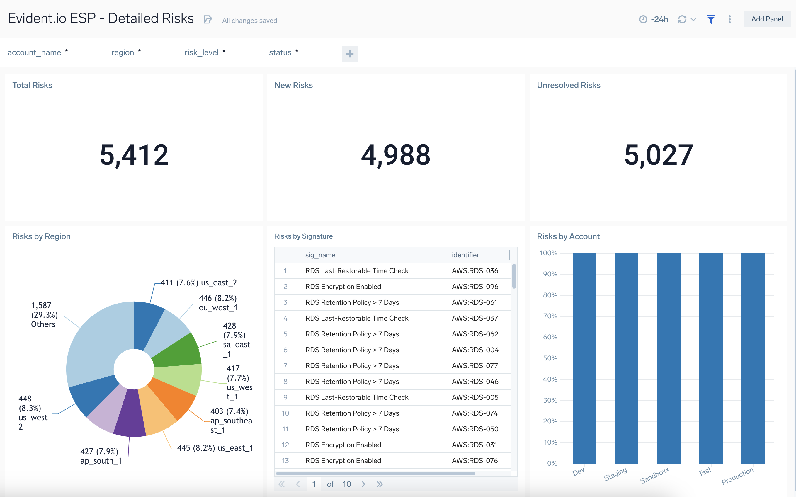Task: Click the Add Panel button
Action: [x=766, y=19]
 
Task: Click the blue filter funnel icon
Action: [x=710, y=19]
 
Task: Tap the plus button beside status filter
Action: [x=350, y=54]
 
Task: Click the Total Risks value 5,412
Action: [x=134, y=155]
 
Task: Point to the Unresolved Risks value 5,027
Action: [x=658, y=155]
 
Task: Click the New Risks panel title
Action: [x=293, y=85]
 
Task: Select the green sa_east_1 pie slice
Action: [x=179, y=351]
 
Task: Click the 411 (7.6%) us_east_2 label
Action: [x=198, y=283]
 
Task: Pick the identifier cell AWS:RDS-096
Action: [x=474, y=286]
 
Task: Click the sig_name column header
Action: [x=320, y=255]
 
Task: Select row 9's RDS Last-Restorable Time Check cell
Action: [x=357, y=397]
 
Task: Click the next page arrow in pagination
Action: [x=363, y=484]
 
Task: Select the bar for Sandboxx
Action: [x=668, y=358]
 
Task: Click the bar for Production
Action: [x=753, y=358]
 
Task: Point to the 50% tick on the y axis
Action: [x=550, y=358]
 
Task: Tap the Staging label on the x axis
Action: [x=615, y=474]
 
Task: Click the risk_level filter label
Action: [x=201, y=52]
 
